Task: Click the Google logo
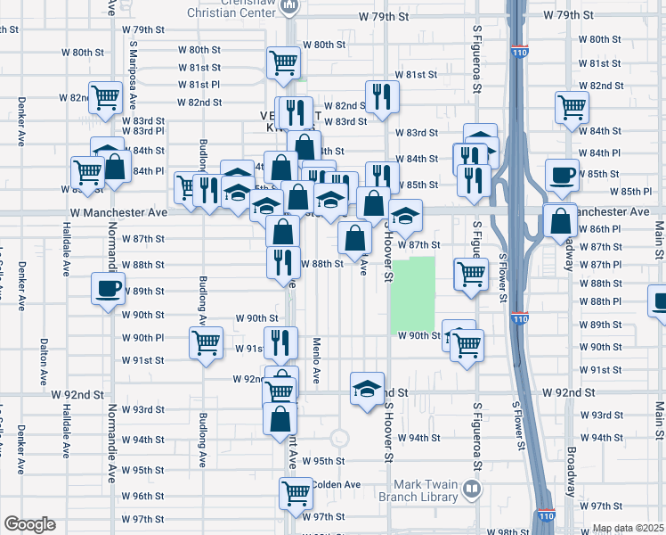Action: click(29, 524)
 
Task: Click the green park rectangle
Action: click(413, 295)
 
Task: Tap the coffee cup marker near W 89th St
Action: click(109, 289)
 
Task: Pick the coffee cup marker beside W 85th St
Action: click(561, 175)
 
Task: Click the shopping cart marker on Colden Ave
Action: click(296, 492)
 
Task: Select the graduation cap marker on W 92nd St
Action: click(367, 388)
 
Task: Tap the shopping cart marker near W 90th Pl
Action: click(206, 342)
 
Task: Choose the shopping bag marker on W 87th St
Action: click(355, 237)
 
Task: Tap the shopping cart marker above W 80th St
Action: click(283, 63)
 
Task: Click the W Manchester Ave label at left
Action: click(118, 213)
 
